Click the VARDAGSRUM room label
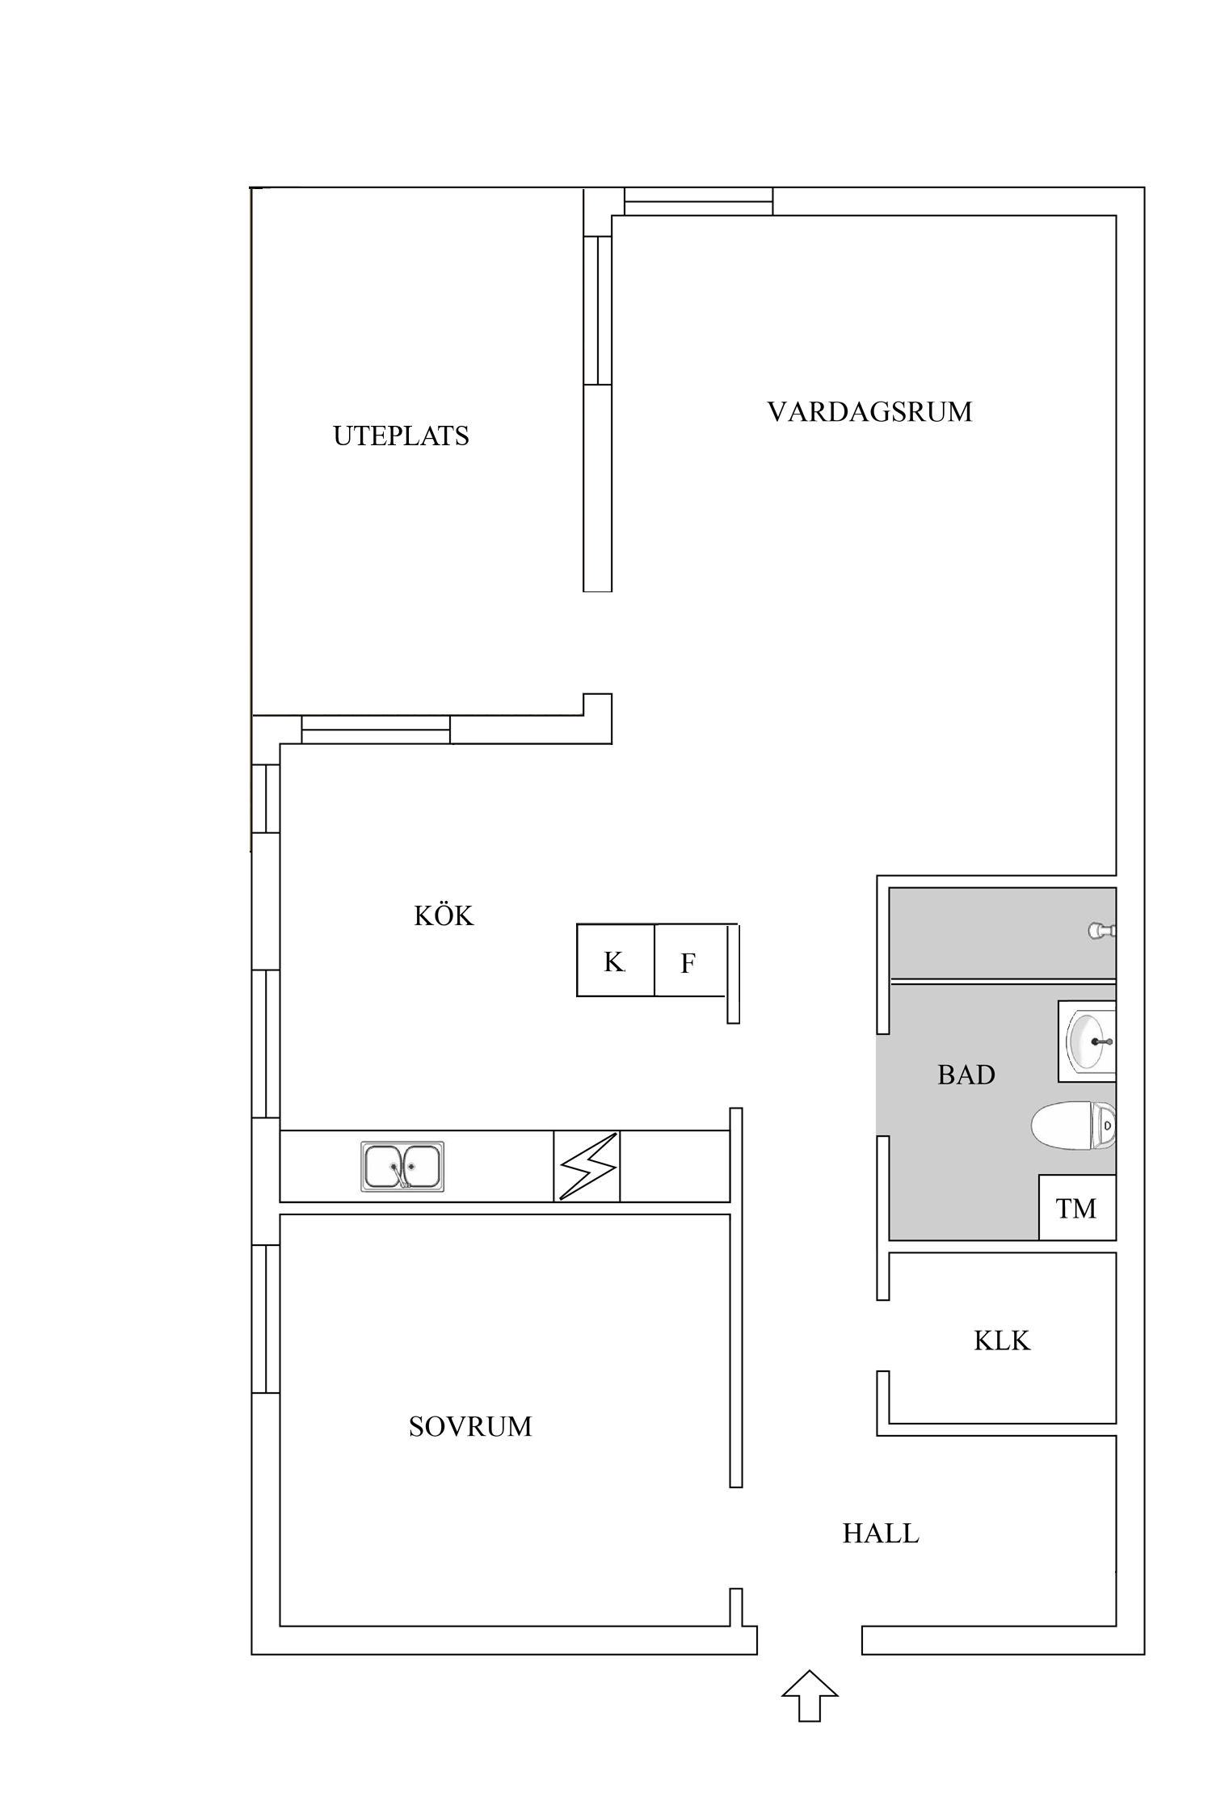point(869,412)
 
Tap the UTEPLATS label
point(401,436)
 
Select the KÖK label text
point(444,915)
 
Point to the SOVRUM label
point(470,1427)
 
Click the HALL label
point(881,1534)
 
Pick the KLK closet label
point(1002,1341)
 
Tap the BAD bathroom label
point(966,1075)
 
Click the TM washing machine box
point(1077,1208)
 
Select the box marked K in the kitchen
point(615,961)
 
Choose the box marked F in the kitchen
point(688,962)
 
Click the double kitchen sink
point(402,1167)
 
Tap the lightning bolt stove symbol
point(587,1167)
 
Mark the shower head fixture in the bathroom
point(1102,931)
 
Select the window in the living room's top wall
point(698,201)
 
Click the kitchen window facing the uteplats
point(376,729)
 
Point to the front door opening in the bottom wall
point(810,1640)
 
